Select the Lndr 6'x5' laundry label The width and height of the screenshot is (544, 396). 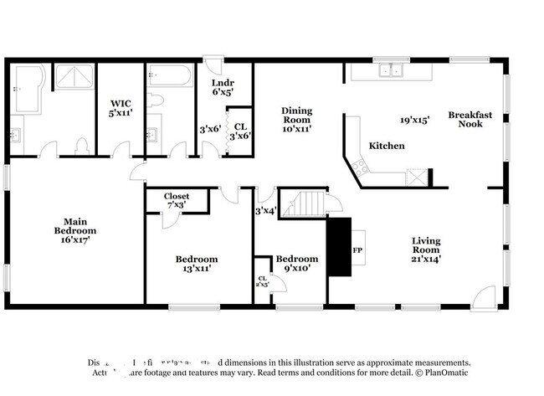(x=223, y=88)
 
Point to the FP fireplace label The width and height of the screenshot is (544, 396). (x=357, y=250)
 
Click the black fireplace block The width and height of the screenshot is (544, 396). (x=338, y=246)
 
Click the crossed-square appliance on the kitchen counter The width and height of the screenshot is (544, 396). (x=416, y=177)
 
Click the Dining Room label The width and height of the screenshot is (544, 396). (x=296, y=120)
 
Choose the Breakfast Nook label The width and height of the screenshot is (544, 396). (x=470, y=119)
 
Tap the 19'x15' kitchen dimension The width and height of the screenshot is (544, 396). (x=414, y=120)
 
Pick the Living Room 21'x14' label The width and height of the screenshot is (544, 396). (x=425, y=250)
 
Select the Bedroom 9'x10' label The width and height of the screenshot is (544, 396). (x=297, y=264)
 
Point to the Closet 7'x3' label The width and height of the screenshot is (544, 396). (x=176, y=200)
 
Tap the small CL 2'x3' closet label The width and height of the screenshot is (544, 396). (x=262, y=281)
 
